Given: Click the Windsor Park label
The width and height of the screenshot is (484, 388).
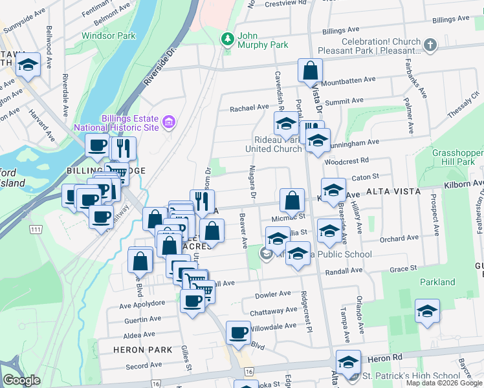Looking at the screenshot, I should coord(109,36).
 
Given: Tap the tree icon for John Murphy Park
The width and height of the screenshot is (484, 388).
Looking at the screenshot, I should coord(227,40).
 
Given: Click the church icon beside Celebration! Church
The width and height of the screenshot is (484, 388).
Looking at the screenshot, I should coord(431,45).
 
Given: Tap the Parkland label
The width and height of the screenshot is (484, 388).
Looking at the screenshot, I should coord(437,282).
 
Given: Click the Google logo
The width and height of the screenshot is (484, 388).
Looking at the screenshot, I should coord(21,380).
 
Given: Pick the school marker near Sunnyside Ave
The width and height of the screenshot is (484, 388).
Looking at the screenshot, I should coord(28,64).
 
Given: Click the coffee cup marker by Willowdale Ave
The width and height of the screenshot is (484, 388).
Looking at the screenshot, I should coord(238,332).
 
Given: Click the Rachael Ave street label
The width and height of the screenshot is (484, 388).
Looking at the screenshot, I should coord(250,108).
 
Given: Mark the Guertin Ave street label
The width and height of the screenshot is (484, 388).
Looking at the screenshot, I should coord(142,319).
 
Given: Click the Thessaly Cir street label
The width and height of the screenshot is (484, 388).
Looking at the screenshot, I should coord(465,105).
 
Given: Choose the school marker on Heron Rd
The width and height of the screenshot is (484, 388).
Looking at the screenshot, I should coord(348,362).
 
